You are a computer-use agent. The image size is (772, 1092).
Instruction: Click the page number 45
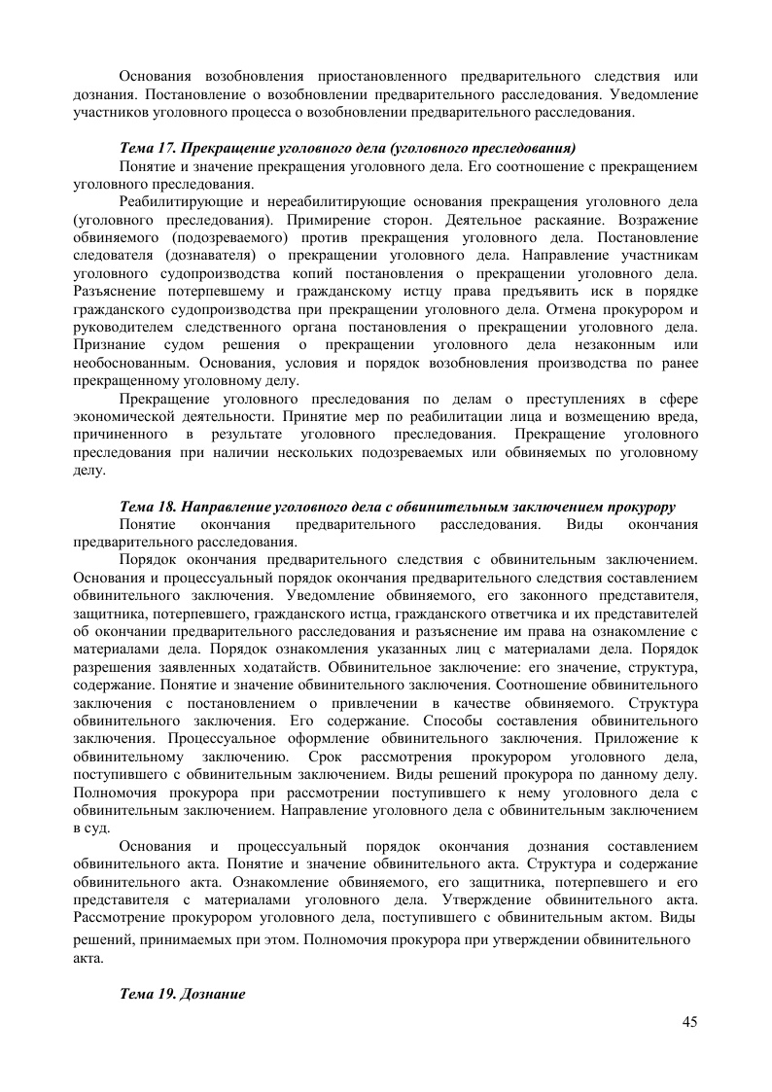(690, 1021)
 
